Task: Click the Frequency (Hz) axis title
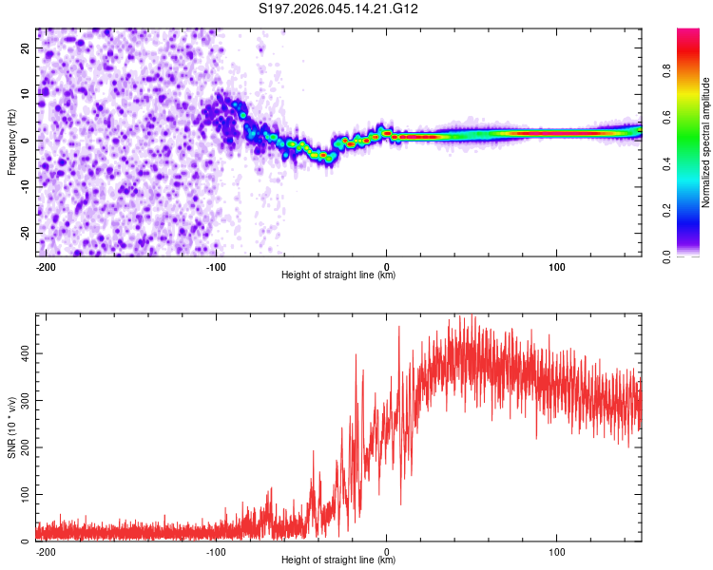point(12,142)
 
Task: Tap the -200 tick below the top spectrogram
point(45,265)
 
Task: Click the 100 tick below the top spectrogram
point(556,265)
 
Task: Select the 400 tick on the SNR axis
point(24,352)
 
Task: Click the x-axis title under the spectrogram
point(338,275)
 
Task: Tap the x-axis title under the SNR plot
point(338,560)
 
